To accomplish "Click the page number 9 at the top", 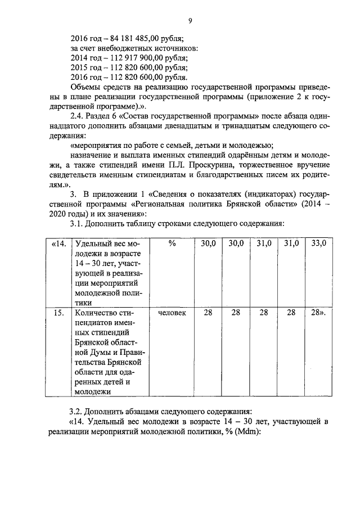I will [x=190, y=21].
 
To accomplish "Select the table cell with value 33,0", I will [x=318, y=244].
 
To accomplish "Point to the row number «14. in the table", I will [x=58, y=244].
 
